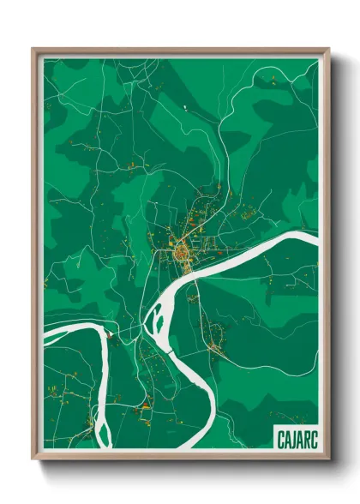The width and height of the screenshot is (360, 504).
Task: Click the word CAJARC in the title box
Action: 294,439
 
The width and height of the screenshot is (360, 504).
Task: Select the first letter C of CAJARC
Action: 279,439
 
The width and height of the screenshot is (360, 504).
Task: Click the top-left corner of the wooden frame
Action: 33,50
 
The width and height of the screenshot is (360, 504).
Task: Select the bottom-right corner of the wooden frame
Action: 328,459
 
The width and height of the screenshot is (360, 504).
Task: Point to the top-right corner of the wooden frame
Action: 328,50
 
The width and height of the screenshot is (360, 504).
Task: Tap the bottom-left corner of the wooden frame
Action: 33,459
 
